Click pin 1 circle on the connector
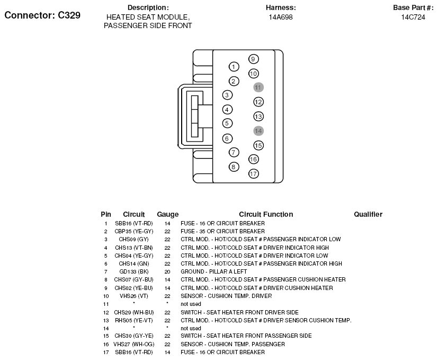click(x=233, y=67)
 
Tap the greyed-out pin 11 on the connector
click(x=258, y=87)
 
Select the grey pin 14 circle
click(x=258, y=131)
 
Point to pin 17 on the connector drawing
click(x=253, y=173)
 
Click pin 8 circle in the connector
click(x=234, y=166)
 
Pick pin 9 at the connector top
click(x=253, y=59)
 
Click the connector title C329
click(x=42, y=15)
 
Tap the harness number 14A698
click(x=281, y=17)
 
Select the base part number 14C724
click(x=413, y=17)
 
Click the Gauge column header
click(x=167, y=215)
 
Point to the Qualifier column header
click(x=368, y=215)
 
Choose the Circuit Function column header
click(x=266, y=215)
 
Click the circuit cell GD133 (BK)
click(x=133, y=271)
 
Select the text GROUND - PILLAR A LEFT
click(x=214, y=271)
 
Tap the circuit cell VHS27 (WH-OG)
click(x=133, y=344)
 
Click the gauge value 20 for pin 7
click(x=167, y=271)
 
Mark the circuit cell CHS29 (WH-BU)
click(x=133, y=312)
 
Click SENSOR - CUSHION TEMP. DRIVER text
click(x=226, y=296)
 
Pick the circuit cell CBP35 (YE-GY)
click(x=133, y=231)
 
